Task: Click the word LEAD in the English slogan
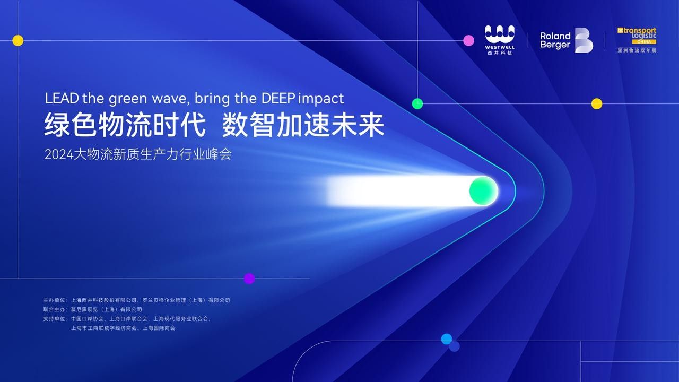[x=62, y=98]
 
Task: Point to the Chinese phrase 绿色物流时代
[x=125, y=126]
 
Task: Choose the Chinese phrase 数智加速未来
[x=303, y=126]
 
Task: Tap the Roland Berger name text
[x=555, y=40]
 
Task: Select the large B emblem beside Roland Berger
[x=584, y=40]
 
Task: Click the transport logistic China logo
[x=637, y=36]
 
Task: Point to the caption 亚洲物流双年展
[x=637, y=50]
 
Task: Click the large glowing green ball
[x=483, y=191]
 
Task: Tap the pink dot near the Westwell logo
[x=468, y=40]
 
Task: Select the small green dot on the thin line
[x=417, y=103]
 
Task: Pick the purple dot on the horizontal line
[x=249, y=279]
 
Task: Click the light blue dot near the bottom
[x=447, y=338]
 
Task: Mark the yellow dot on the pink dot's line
[x=18, y=40]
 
